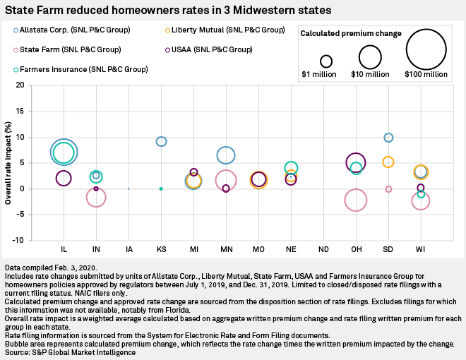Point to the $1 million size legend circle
click(x=325, y=61)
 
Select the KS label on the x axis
click(x=161, y=251)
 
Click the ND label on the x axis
click(x=323, y=251)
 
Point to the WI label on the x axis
click(x=420, y=251)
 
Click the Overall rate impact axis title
click(x=8, y=163)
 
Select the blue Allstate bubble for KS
click(x=161, y=142)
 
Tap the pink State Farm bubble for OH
click(x=356, y=200)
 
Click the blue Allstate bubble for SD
click(x=388, y=138)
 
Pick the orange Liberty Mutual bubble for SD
click(x=388, y=162)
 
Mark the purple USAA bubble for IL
click(x=64, y=179)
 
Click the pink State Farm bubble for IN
click(x=96, y=198)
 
